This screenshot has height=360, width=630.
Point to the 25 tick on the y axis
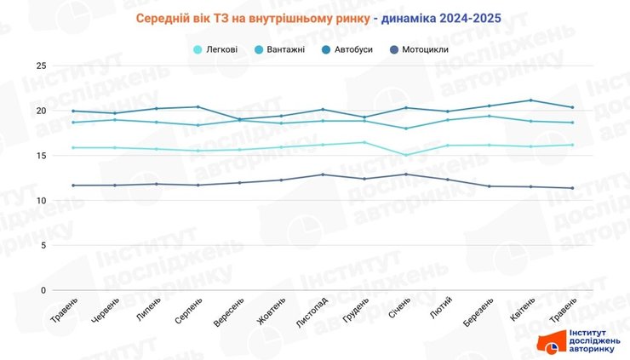(42, 66)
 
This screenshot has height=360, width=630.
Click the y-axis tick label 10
(42, 201)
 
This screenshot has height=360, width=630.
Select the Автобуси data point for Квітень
(530, 100)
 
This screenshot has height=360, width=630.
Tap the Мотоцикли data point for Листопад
(323, 174)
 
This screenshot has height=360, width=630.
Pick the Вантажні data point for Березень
(489, 116)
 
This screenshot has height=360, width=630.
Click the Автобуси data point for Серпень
(198, 107)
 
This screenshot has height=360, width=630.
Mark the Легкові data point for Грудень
(364, 142)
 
